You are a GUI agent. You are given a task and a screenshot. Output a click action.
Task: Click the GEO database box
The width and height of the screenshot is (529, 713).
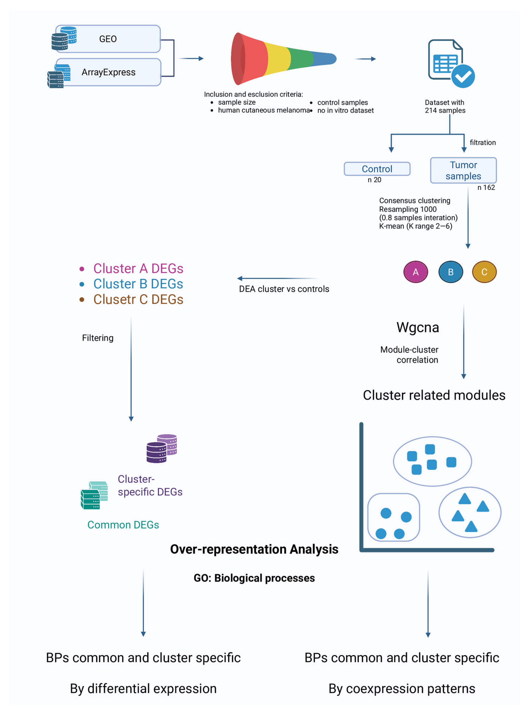pos(108,39)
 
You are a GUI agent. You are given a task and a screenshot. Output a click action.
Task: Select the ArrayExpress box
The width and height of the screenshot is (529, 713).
pos(108,72)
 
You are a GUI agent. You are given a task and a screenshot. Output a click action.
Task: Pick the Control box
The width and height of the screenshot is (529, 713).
pos(377,169)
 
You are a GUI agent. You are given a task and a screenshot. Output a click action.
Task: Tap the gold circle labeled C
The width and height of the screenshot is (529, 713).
pos(484,272)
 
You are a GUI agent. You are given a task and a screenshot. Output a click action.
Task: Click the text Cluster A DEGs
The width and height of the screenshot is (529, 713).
pos(138,268)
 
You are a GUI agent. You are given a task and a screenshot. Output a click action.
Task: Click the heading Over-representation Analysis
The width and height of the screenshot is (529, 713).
pos(254,549)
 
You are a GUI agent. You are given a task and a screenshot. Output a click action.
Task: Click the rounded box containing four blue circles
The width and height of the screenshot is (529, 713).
pos(393,517)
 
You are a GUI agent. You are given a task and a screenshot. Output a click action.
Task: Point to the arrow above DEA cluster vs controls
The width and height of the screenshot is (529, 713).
pos(277,278)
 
